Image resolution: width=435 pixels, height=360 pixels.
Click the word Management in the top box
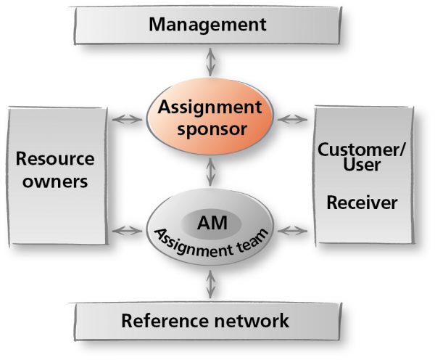click(x=207, y=25)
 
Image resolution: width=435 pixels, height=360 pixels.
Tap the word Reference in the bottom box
click(x=165, y=321)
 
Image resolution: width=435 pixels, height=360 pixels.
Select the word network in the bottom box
click(x=252, y=321)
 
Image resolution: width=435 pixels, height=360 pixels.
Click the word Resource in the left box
click(x=55, y=159)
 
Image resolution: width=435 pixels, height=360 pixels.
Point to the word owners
click(x=55, y=182)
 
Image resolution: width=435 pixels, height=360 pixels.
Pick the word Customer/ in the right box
click(x=362, y=150)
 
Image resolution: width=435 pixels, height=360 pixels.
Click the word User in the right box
click(x=362, y=164)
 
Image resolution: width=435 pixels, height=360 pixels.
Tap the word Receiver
click(x=362, y=202)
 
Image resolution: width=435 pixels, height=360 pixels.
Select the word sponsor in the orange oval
click(x=212, y=129)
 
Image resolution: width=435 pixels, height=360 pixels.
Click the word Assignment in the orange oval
click(x=210, y=107)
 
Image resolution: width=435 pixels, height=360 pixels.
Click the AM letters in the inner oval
click(x=212, y=223)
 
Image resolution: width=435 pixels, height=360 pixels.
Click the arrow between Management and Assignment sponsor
click(x=210, y=62)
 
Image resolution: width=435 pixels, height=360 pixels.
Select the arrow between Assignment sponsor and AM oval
click(x=210, y=172)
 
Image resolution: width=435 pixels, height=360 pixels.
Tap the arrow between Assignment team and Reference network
click(x=210, y=285)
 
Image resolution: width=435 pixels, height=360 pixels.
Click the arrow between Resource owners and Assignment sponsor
click(x=127, y=120)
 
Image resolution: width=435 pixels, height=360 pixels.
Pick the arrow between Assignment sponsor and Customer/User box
click(x=292, y=120)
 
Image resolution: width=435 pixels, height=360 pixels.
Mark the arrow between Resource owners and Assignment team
click(x=127, y=231)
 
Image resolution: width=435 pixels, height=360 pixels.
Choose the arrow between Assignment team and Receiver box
click(x=292, y=231)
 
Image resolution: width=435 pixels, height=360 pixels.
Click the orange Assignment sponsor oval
click(x=210, y=117)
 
